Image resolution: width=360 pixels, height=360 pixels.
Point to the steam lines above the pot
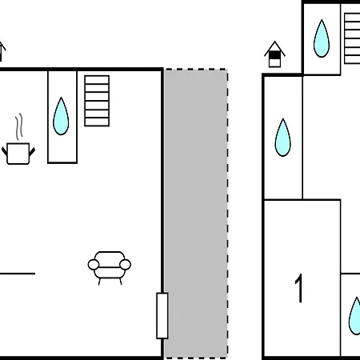[x=18, y=126]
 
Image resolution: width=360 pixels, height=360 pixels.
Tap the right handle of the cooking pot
[x=32, y=152]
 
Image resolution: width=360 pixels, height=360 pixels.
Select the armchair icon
[x=110, y=268]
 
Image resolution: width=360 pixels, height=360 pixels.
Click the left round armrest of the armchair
[x=94, y=265]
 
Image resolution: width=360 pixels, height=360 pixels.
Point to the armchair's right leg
[x=121, y=282]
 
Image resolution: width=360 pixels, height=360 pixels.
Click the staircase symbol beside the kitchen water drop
[x=97, y=101]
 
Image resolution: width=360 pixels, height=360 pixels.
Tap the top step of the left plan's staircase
[x=97, y=80]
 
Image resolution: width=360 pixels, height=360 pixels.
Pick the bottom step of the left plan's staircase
[x=97, y=122]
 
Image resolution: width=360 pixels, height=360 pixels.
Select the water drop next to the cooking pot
[x=61, y=116]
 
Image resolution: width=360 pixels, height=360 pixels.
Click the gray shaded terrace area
[x=196, y=214]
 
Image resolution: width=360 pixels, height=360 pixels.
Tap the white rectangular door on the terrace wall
[x=162, y=316]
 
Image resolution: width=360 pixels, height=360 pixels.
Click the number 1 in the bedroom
[x=299, y=288]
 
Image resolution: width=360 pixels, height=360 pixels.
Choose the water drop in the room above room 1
[x=283, y=138]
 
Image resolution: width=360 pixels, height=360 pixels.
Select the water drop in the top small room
[x=322, y=38]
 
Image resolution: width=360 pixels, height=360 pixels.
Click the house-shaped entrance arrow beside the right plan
[x=274, y=54]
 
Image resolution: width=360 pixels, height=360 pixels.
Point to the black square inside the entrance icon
[x=274, y=55]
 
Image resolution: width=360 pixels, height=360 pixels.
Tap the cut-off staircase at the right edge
[x=352, y=38]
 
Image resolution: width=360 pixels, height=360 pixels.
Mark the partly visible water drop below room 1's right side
[x=354, y=316]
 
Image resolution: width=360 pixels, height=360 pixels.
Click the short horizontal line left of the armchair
[x=18, y=274]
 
